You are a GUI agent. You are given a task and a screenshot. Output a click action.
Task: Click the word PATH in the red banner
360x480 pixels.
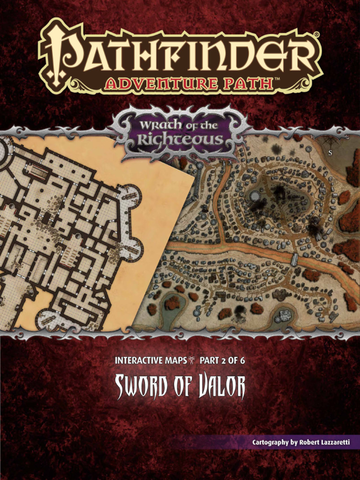(249, 84)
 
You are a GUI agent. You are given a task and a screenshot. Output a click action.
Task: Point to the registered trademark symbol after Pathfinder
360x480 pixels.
(317, 35)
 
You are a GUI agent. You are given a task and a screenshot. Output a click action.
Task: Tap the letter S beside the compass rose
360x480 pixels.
(330, 152)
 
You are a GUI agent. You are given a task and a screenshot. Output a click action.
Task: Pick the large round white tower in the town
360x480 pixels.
(255, 196)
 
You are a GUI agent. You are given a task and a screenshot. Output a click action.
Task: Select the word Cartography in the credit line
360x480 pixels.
(270, 442)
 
